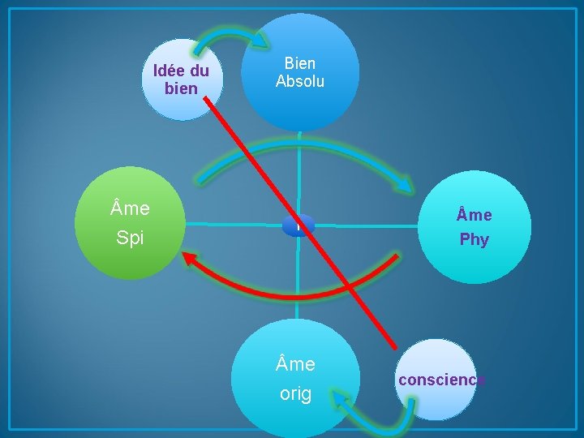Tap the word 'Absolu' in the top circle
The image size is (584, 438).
(x=300, y=81)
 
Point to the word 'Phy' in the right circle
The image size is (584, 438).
(x=474, y=240)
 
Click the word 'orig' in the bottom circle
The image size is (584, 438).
(x=295, y=394)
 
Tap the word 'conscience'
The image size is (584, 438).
(x=441, y=380)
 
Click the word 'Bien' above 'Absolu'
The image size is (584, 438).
(x=300, y=63)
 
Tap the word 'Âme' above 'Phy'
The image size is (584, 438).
(x=474, y=215)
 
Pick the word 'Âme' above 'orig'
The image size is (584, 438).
(x=295, y=365)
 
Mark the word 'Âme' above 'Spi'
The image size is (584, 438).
(x=130, y=208)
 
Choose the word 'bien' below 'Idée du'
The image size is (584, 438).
(x=180, y=88)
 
